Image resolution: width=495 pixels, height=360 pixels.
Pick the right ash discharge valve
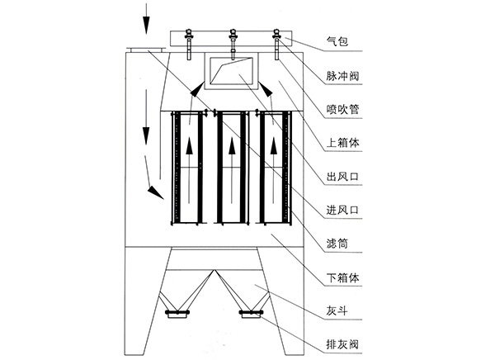[x=249, y=312]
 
